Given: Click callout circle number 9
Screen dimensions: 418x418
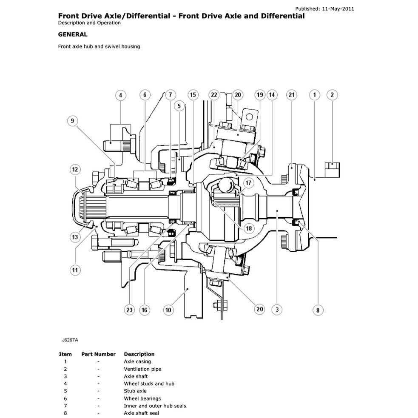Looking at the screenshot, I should coord(72,121).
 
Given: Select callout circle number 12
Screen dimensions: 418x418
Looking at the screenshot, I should coord(75,170).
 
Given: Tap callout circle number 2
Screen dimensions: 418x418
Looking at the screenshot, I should coord(332,95).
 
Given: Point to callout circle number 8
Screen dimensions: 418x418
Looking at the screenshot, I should coord(318,310).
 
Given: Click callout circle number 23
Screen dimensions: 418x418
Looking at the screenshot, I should coord(130,310).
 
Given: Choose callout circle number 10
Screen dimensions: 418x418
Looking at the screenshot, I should coord(168,310).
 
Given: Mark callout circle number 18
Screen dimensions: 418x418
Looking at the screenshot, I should coord(248,228).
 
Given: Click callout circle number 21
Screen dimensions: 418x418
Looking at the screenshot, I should coord(291,95).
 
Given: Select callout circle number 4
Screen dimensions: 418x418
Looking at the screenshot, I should coord(120,95).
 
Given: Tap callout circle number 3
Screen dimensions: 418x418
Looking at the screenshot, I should coord(277,310).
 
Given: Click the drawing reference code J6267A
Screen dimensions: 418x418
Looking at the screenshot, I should coord(70,340).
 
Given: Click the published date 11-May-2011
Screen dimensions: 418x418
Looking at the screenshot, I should coord(339,8).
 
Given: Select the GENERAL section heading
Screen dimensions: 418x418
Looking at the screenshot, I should coord(73,34).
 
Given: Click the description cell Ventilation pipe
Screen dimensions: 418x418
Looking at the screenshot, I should coord(142,369).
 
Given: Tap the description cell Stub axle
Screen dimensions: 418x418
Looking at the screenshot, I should coord(135,391).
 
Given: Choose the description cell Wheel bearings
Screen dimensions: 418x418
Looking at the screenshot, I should coord(142,398).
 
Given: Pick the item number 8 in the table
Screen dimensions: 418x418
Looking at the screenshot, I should coord(65,413).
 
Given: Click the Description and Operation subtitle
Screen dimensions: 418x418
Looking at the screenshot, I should coord(89,23).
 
